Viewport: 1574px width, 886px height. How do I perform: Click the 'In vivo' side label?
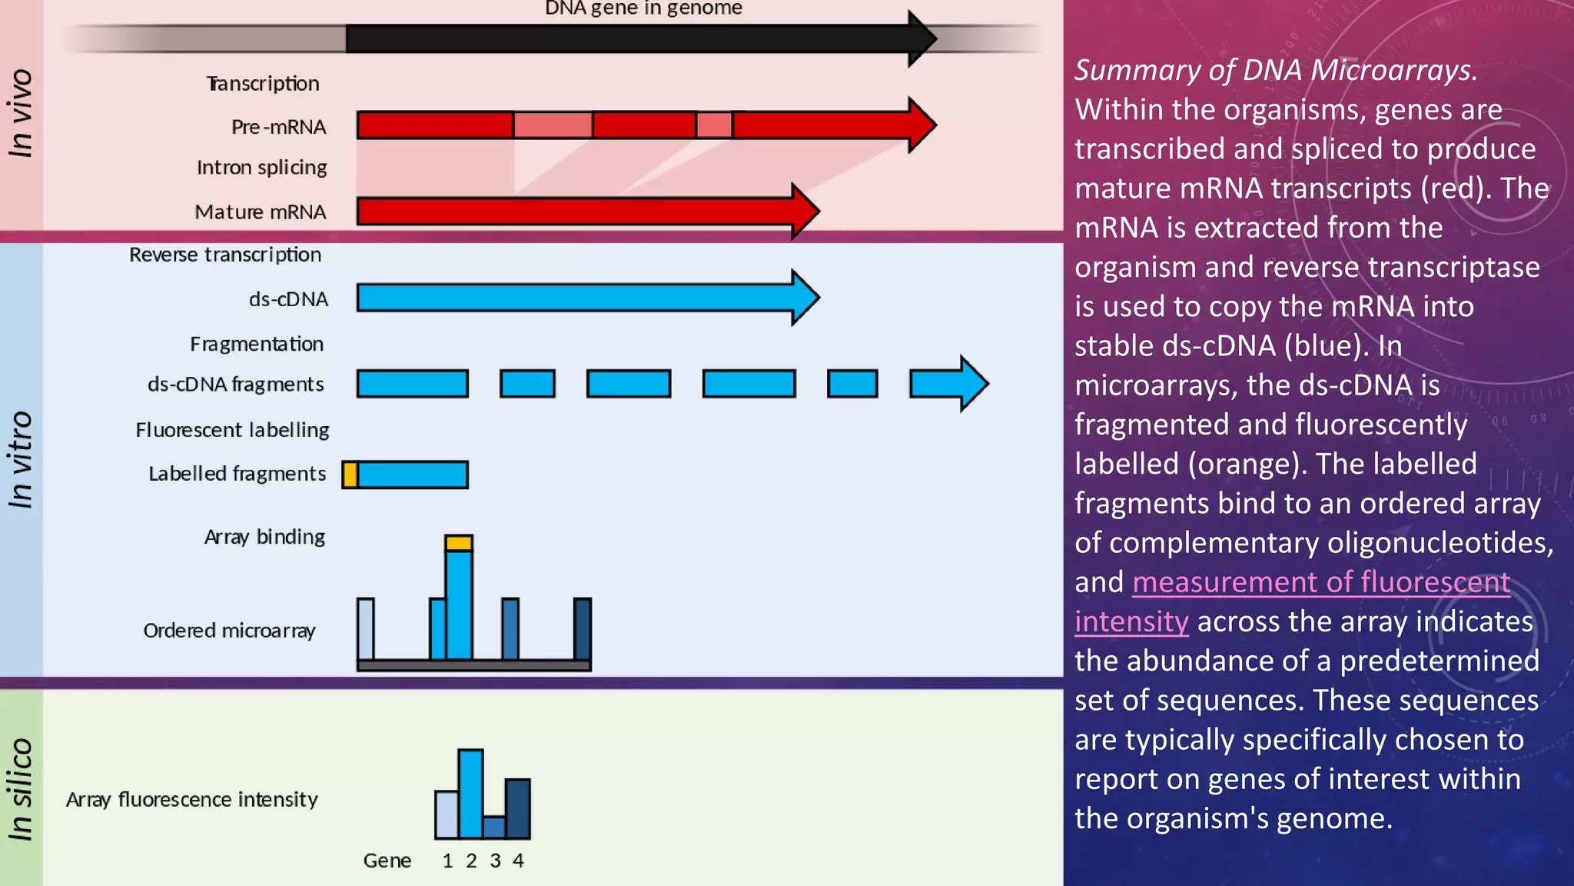click(x=21, y=114)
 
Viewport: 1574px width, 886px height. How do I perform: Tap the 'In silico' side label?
click(x=21, y=789)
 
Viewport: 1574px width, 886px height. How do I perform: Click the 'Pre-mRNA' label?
click(x=278, y=127)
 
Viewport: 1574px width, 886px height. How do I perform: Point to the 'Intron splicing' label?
click(x=261, y=168)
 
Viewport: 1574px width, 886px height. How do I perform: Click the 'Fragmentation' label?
click(x=257, y=344)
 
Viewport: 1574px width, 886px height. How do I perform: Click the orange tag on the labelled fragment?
click(x=350, y=475)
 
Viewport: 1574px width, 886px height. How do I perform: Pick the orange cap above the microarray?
click(x=459, y=543)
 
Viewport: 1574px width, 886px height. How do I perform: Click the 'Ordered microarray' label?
click(x=229, y=631)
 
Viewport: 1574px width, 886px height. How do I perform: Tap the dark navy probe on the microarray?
click(x=583, y=629)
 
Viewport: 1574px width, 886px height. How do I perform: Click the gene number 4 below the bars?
click(x=518, y=861)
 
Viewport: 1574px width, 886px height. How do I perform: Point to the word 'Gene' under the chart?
click(x=387, y=861)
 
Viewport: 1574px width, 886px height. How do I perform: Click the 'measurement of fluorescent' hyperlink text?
click(x=1320, y=582)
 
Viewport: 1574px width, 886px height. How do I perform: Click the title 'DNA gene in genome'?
click(x=643, y=8)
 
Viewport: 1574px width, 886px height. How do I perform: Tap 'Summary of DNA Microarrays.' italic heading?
click(x=1276, y=70)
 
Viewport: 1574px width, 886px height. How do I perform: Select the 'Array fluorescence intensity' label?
click(x=191, y=800)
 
